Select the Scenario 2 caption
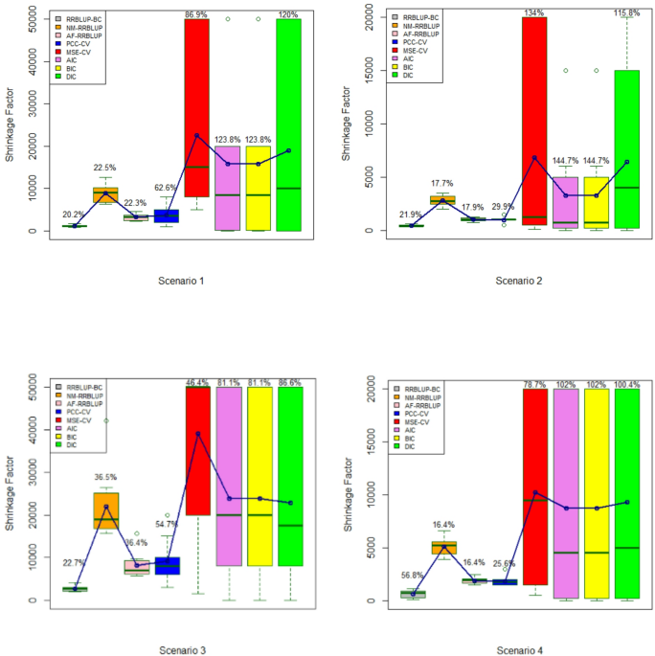(518, 281)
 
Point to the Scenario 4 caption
(518, 650)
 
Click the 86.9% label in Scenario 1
(197, 14)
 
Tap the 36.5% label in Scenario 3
(106, 477)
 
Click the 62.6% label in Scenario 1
(167, 189)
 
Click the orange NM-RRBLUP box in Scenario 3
(106, 518)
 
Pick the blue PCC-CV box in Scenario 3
(168, 566)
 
